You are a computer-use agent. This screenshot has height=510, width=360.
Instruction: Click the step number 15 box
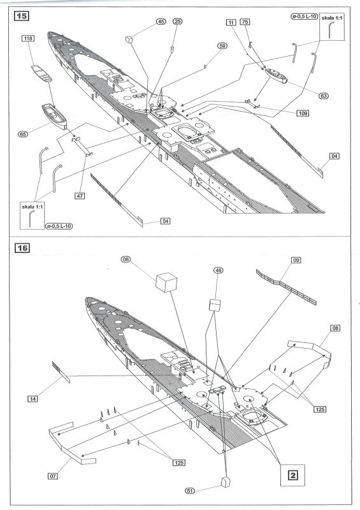click(22, 15)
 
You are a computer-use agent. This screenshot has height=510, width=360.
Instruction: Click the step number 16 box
click(22, 248)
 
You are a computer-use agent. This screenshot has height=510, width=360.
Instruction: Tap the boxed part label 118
click(28, 38)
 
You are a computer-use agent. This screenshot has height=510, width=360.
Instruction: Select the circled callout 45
click(161, 22)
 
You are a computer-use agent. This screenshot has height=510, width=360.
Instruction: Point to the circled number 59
click(222, 46)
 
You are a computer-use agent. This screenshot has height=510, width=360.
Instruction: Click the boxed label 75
click(245, 22)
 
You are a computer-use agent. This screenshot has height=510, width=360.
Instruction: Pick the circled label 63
click(324, 96)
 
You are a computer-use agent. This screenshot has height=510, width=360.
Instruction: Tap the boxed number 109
click(303, 113)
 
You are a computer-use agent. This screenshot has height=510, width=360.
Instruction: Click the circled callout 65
click(23, 134)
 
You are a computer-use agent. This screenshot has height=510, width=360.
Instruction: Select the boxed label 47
click(80, 196)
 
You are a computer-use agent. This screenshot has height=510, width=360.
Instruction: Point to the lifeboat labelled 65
click(54, 116)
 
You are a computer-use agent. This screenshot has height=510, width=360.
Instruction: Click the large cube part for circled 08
click(166, 282)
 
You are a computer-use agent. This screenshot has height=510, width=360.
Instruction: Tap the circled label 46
click(219, 270)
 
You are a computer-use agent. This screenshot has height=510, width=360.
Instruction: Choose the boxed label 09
click(296, 260)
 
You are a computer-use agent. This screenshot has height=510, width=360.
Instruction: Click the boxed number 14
click(32, 399)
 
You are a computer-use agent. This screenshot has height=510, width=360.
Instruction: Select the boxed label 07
click(53, 476)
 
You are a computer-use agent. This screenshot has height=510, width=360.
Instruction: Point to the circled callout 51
click(190, 491)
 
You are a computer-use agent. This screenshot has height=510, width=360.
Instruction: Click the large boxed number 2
click(293, 475)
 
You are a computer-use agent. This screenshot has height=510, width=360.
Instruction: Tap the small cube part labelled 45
click(129, 40)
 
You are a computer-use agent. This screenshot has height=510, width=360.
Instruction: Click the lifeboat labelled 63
click(276, 75)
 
